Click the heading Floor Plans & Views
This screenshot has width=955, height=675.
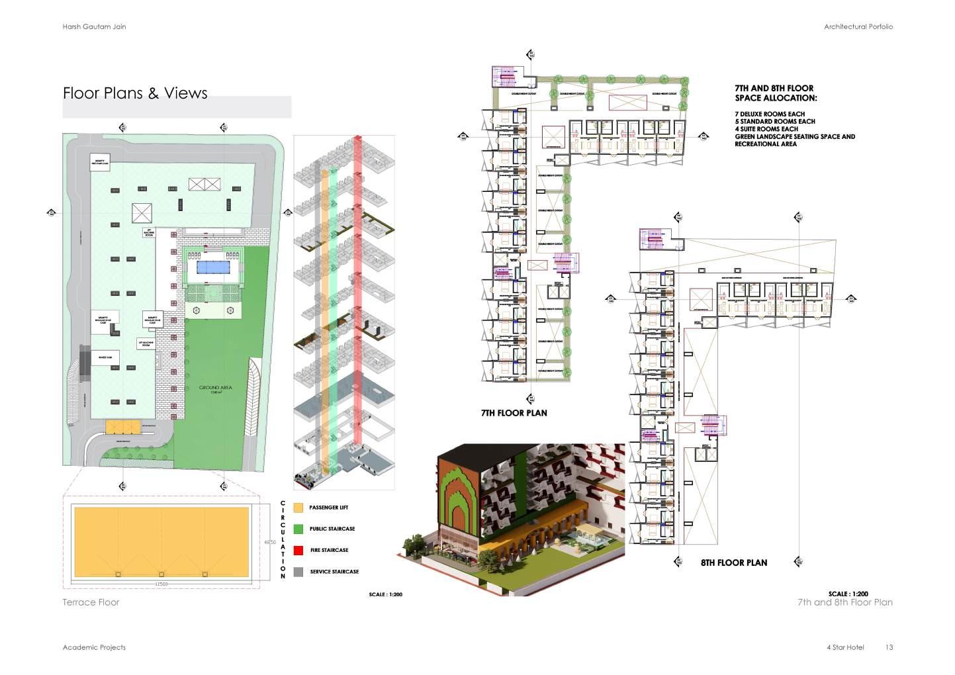point(135,93)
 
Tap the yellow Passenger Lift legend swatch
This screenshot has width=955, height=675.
point(298,508)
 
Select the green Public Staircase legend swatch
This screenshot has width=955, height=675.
point(298,529)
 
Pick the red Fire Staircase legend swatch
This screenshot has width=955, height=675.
point(298,550)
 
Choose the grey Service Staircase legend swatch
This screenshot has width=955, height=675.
point(298,572)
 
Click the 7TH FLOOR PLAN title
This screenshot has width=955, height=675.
point(514,413)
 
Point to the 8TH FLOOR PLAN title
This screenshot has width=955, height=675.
point(734,563)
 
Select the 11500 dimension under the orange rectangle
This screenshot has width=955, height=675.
point(161,584)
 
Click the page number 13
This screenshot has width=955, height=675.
point(889,647)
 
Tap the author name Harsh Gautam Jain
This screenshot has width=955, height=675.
point(94,26)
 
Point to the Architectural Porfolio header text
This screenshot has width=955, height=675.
point(858,26)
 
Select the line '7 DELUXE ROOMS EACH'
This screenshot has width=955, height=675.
point(770,114)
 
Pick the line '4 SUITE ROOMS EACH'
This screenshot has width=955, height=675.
point(766,129)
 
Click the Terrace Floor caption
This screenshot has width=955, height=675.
point(91,602)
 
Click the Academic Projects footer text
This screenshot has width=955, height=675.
point(94,647)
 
